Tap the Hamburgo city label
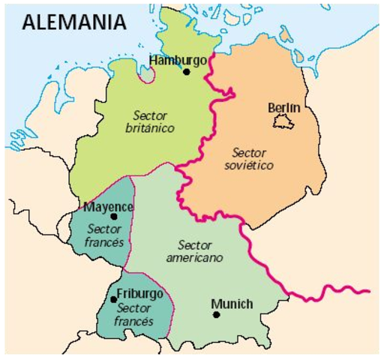tap(177, 60)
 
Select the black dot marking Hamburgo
tap(186, 73)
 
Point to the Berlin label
tap(283, 108)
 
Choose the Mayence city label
tap(109, 207)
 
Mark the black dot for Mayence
tap(113, 217)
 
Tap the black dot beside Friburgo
tap(113, 299)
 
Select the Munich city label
tap(232, 303)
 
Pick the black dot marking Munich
tap(216, 314)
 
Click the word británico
tap(149, 128)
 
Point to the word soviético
tap(248, 164)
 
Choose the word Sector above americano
tap(196, 245)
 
